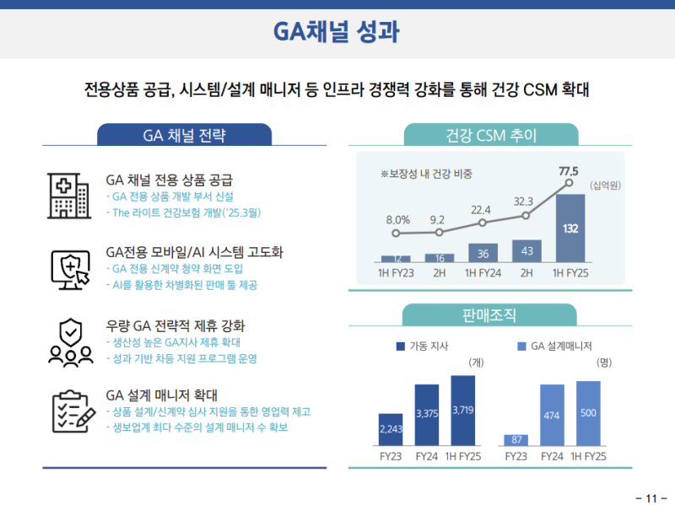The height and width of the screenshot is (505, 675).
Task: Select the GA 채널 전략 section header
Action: point(184,136)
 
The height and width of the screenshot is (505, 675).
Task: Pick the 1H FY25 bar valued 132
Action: point(570,228)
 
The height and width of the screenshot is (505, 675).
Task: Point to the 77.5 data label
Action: point(569,171)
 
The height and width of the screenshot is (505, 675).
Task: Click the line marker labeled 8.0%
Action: point(397,233)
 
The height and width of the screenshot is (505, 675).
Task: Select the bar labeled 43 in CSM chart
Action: point(526,251)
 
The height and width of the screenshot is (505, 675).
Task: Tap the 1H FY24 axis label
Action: point(483,273)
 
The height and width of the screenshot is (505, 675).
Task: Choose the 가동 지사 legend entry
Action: point(421,347)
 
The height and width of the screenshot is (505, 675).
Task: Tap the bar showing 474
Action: point(552,415)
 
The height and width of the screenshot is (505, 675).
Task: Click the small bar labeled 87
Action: point(516,440)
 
